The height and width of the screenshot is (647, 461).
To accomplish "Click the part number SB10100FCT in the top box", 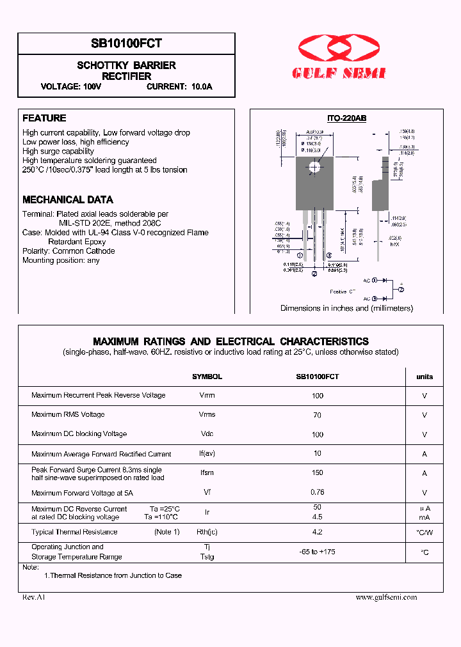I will [127, 43].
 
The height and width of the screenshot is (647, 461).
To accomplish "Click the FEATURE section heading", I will [44, 118].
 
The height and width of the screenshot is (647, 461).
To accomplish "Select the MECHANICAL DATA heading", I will [68, 199].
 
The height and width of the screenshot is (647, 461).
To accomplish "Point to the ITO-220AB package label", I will [346, 119].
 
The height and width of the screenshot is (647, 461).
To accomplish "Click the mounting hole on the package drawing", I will [314, 168].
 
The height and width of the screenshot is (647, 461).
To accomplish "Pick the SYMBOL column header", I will [207, 377].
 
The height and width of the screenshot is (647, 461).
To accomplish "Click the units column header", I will [425, 377].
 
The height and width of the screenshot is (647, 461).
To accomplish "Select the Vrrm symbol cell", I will [207, 396].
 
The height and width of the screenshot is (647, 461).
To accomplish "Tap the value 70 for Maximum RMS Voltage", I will [318, 415].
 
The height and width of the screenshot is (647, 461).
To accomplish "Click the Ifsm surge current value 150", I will [318, 474].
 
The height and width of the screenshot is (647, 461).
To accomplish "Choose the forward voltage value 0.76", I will [318, 493].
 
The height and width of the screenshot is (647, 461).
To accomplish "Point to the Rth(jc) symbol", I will [207, 533].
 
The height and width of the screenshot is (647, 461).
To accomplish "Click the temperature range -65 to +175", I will [318, 552].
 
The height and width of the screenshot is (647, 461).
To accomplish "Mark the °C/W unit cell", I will [425, 533].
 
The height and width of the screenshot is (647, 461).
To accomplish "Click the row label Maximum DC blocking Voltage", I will [79, 434].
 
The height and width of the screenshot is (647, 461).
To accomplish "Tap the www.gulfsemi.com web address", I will [386, 597].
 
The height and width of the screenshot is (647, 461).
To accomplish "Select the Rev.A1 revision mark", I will [34, 597].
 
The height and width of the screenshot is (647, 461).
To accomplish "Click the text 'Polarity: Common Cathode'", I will [69, 251].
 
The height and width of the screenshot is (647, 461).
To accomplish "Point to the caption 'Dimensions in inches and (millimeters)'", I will [346, 308].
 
